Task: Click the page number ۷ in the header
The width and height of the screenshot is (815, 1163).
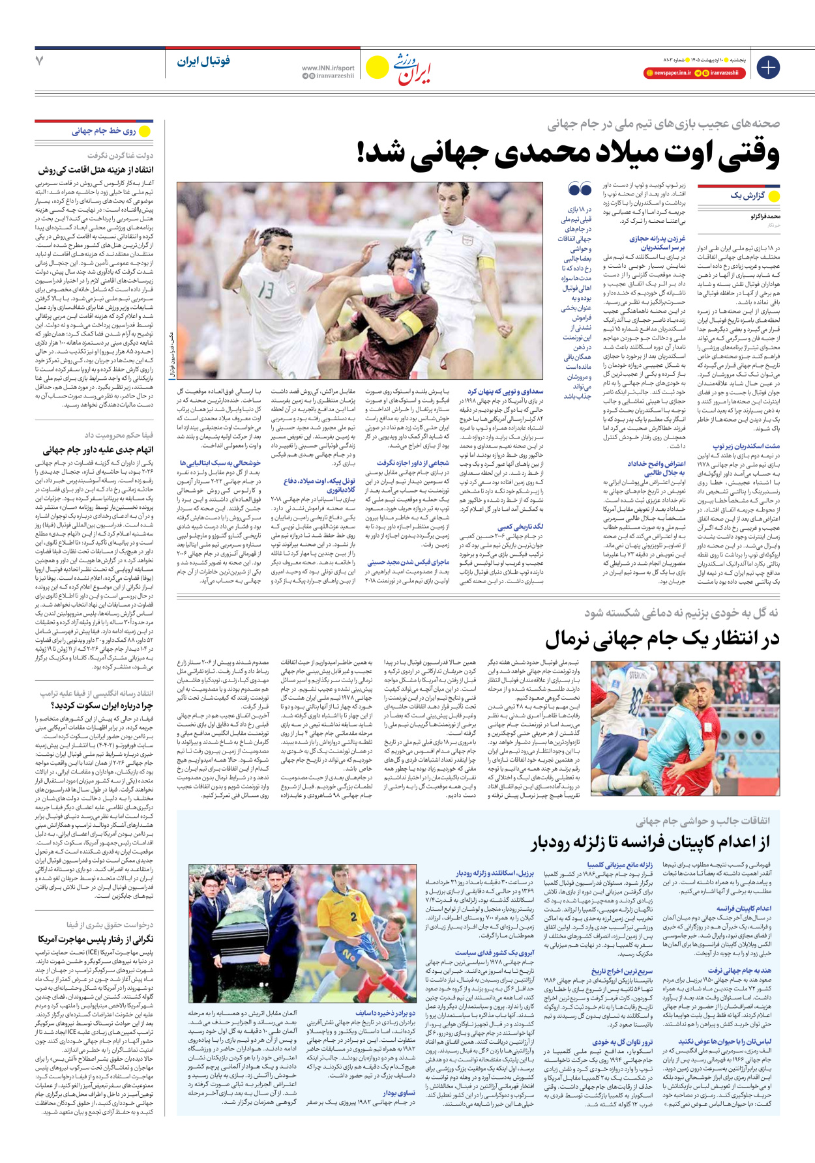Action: (x=40, y=61)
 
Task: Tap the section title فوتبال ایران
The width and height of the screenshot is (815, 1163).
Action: (x=203, y=61)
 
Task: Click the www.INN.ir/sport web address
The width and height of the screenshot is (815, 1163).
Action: (x=328, y=68)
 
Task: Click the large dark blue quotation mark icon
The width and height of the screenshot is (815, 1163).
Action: (x=580, y=190)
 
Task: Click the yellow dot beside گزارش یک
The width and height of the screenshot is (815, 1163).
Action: (x=774, y=196)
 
